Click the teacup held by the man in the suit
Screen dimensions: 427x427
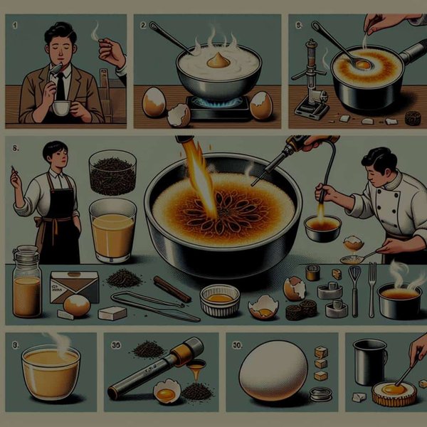62,107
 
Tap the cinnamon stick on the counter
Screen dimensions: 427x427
172,288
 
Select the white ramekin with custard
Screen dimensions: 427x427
219,300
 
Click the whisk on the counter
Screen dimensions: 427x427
354,288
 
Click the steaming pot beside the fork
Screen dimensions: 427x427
399,300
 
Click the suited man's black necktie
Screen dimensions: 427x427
62,85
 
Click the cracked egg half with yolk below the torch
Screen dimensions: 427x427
167,391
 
